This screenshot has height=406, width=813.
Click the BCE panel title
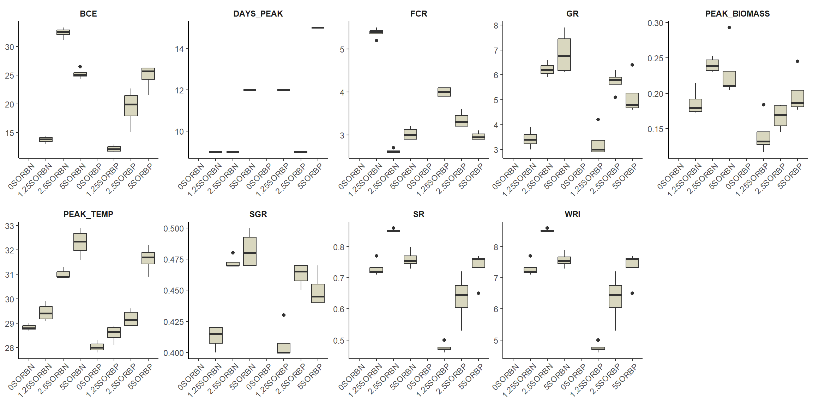pos(88,14)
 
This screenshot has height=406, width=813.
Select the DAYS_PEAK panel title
pos(258,14)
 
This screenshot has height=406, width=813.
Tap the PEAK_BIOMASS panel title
pos(737,14)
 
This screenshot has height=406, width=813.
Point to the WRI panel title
pos(572,214)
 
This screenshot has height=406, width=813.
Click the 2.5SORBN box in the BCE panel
pos(63,32)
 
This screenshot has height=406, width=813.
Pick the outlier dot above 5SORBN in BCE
pos(80,67)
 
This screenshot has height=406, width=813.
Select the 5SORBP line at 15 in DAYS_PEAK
pos(318,27)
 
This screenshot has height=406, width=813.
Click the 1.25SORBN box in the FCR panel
pos(376,32)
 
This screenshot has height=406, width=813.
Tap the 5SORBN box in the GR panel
pos(564,55)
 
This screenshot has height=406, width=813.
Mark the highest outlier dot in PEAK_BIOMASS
pos(729,27)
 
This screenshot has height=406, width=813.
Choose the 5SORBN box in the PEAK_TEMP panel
pos(80,242)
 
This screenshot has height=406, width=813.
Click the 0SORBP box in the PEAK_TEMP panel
pos(97,347)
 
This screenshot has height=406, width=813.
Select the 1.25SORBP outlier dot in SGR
pos(284,315)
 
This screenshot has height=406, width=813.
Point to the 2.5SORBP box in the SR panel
pos(462,296)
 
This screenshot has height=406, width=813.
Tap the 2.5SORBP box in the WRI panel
pos(615,296)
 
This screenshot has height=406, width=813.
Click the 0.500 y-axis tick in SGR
pos(174,228)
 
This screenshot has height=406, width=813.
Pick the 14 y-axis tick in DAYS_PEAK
pos(179,49)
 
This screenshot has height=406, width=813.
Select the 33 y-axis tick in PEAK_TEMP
pos(10,226)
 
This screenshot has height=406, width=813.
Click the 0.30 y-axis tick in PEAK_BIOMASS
pos(655,23)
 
